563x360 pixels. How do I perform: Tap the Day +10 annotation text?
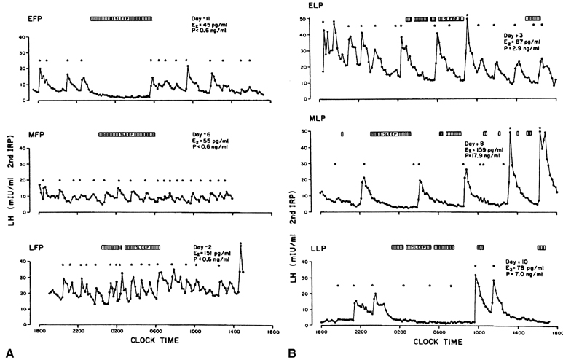tap(517, 261)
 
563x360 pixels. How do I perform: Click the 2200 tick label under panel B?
tap(360, 332)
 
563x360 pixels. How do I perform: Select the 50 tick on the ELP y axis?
tap(311, 16)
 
